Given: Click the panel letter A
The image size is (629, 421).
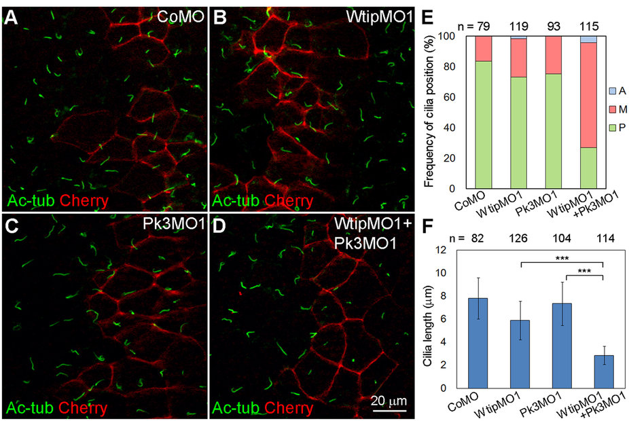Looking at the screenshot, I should (12, 15).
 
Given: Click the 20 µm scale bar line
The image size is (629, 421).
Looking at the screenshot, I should (388, 411).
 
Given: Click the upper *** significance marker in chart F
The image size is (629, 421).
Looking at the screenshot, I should (562, 259).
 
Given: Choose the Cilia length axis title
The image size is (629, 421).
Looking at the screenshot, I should (427, 319).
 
